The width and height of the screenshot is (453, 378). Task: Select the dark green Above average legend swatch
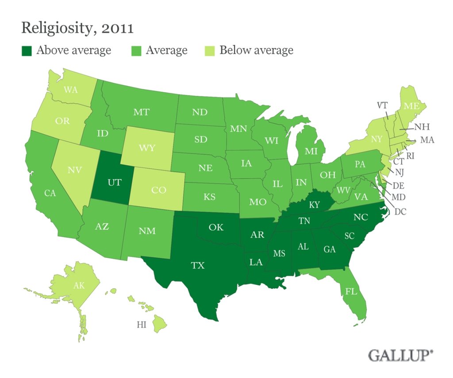[x=27, y=50]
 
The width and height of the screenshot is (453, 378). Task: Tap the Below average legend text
[x=256, y=50]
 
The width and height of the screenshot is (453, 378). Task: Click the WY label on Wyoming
[x=147, y=148]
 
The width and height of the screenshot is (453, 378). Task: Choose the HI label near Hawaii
[x=141, y=325]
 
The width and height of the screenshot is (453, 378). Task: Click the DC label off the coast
[x=400, y=212]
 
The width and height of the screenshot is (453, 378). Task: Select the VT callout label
[x=383, y=105]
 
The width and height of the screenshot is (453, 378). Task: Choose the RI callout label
[x=410, y=156]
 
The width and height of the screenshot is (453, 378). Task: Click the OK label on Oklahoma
[x=217, y=227]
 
